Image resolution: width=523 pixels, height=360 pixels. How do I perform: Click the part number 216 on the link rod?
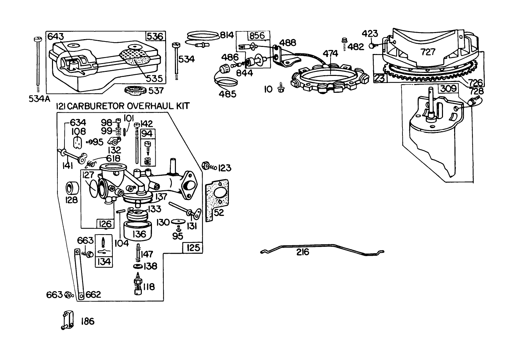pos(303,252)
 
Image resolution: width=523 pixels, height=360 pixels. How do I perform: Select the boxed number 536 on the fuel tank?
pos(155,36)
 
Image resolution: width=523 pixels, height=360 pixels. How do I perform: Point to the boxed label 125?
pos(193,248)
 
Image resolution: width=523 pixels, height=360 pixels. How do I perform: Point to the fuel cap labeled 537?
pos(135,91)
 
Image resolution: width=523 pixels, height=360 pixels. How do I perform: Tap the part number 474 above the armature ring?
pos(330,54)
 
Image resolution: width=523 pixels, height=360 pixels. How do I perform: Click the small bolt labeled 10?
pos(280,89)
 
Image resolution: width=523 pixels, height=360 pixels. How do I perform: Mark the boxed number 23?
pos(378,79)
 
